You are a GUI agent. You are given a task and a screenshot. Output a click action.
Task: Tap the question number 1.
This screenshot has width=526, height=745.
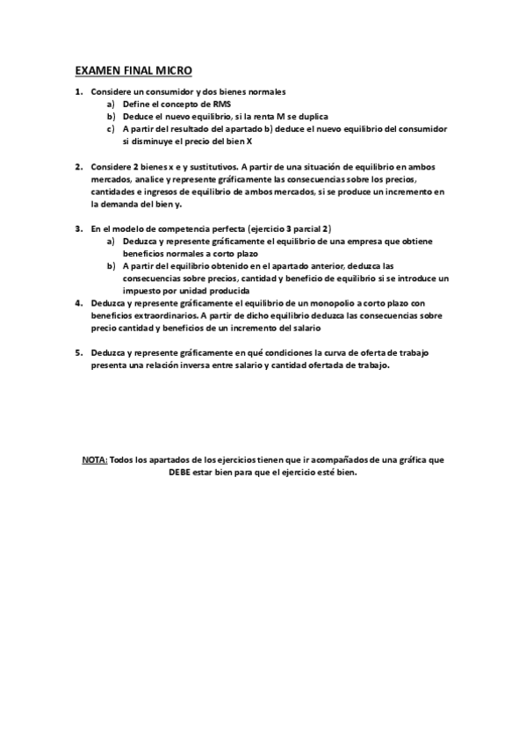pos(78,91)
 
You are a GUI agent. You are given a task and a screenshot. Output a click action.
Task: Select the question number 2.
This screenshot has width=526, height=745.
pos(78,166)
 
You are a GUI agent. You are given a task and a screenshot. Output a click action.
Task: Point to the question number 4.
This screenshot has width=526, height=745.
pos(78,302)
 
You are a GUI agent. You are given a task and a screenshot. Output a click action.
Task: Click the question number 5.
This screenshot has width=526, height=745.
pos(78,352)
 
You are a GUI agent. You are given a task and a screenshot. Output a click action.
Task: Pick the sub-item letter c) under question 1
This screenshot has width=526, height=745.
pos(112,128)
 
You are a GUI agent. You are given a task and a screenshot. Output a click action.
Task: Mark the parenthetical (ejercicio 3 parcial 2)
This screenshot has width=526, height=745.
pos(289,228)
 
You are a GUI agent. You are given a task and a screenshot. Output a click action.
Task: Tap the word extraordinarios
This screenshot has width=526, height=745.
pos(162,315)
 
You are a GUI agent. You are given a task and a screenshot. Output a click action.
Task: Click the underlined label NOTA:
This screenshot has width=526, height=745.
pos(94,459)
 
